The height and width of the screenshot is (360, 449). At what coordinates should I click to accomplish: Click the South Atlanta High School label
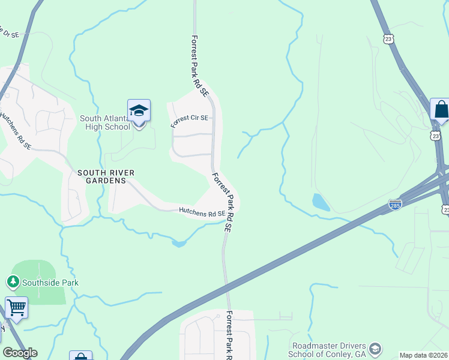105,122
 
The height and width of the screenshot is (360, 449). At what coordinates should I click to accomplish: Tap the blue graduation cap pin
139,112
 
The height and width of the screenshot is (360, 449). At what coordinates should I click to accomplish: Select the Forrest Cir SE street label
189,121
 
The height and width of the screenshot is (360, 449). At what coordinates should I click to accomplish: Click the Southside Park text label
50,283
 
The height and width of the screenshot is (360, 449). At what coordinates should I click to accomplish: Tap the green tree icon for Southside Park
13,281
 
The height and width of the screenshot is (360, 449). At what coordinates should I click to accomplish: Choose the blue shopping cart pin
16,308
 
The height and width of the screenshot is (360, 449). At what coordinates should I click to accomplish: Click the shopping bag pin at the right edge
441,110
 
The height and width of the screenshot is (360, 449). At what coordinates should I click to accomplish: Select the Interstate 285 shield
394,205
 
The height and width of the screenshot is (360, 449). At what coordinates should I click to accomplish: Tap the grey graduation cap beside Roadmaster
375,349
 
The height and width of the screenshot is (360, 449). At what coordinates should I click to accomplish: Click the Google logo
20,353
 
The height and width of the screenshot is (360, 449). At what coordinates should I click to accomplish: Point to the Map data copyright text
424,355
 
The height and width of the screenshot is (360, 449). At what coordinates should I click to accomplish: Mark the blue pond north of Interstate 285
321,202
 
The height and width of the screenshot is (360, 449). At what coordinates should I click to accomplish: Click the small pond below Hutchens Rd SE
178,243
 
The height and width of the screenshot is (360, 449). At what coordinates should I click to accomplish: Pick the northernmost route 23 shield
388,38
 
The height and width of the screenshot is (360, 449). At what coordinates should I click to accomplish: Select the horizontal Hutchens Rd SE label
202,212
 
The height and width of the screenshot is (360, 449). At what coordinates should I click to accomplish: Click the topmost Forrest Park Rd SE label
199,66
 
